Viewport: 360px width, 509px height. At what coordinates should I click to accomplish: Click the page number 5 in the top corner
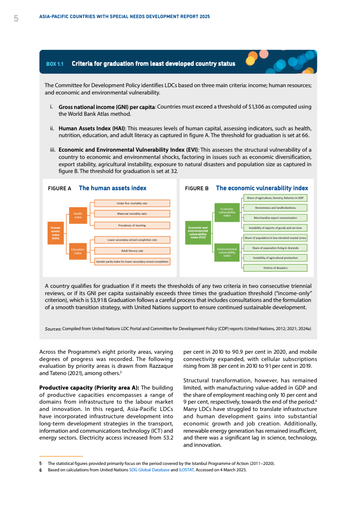(x=16, y=18)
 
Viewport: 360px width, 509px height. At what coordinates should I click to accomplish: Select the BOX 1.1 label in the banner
(x=54, y=64)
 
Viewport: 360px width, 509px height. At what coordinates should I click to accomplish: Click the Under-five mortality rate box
(x=132, y=203)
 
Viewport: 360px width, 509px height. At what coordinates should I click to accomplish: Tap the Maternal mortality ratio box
(x=132, y=213)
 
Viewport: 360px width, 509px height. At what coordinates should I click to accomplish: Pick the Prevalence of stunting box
(x=132, y=225)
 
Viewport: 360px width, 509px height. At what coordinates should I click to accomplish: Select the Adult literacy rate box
(x=132, y=250)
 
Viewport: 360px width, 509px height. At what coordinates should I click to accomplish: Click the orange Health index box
(x=78, y=215)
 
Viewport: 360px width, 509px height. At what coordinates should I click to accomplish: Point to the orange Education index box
(x=78, y=251)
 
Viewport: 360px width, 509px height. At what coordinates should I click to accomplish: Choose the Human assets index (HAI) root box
(x=55, y=232)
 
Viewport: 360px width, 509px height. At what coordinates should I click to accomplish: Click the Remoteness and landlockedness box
(x=276, y=208)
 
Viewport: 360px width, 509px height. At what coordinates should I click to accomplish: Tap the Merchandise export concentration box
(x=276, y=217)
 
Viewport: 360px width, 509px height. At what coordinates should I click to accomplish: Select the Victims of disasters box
(x=276, y=267)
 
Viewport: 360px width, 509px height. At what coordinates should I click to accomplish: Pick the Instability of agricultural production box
(x=276, y=257)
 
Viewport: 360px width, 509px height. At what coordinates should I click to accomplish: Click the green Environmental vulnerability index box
(x=227, y=252)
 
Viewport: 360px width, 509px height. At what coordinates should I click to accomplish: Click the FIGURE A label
(x=59, y=188)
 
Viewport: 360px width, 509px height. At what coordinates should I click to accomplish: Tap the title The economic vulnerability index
(x=262, y=188)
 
